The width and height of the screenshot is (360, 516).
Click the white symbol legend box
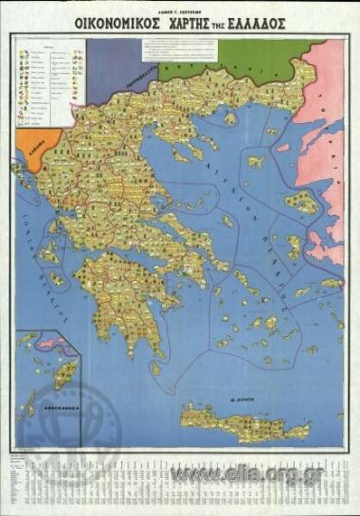point(50,84)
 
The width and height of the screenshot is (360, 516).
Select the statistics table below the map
point(180,478)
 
